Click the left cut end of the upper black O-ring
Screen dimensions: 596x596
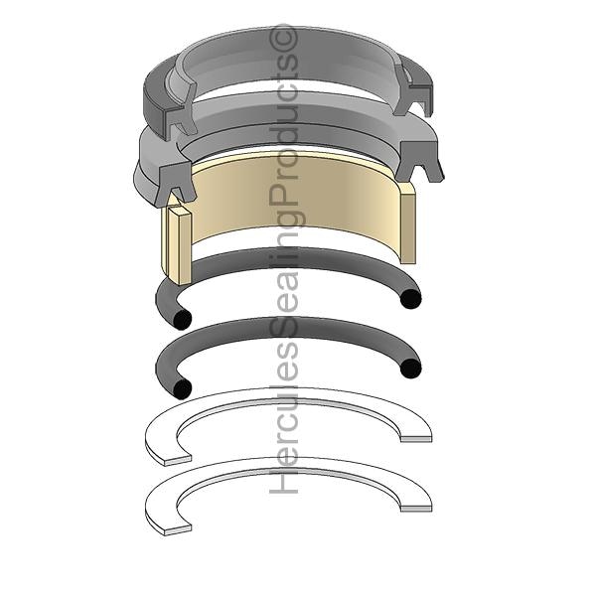[182, 319]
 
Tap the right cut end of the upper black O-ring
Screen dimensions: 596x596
[410, 299]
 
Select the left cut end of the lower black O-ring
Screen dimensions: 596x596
[182, 389]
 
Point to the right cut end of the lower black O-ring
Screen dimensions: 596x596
[410, 369]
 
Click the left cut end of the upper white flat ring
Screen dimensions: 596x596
[177, 460]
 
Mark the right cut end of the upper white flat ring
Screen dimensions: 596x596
[416, 439]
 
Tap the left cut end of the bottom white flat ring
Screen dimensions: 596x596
[177, 530]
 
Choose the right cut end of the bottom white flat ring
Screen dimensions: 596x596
[416, 509]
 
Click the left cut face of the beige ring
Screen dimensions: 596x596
[179, 245]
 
